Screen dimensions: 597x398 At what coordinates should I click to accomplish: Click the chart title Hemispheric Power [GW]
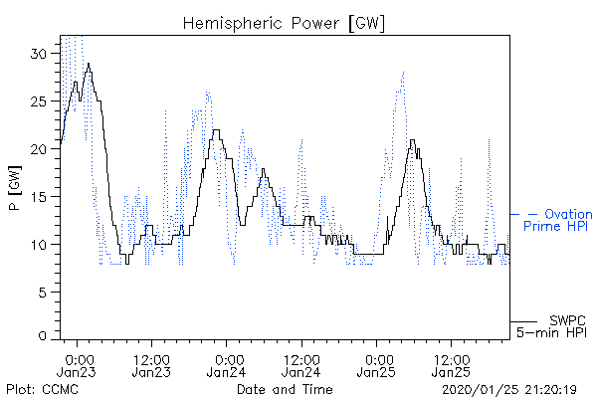coord(284,24)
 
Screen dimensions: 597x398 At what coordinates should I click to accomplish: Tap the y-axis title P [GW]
coord(15,188)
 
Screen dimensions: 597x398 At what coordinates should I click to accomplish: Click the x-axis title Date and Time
coord(285,389)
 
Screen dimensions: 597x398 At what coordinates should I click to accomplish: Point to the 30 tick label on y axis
coord(38,54)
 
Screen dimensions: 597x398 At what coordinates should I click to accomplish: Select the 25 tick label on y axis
coord(38,101)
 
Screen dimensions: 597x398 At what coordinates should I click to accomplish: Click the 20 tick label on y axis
coord(38,149)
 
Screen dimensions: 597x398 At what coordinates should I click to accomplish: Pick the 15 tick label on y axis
coord(39,197)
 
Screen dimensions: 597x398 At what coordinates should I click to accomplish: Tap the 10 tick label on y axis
coord(39,245)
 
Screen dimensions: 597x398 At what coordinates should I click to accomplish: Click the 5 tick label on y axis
coord(42,293)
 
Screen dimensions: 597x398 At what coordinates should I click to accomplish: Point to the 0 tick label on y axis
coord(42,336)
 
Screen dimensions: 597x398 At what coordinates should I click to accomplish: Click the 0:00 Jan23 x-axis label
coord(77,365)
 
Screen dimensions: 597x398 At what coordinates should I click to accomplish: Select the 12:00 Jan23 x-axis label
coord(151,365)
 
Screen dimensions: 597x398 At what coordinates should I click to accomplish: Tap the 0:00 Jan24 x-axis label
coord(226,365)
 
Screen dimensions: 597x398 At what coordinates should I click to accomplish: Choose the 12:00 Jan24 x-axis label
coord(301,365)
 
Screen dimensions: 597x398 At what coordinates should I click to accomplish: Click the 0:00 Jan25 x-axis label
coord(376,365)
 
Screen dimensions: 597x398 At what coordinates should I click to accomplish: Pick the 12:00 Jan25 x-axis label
coord(451,365)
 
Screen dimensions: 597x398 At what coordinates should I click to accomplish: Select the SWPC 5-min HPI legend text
coord(551,326)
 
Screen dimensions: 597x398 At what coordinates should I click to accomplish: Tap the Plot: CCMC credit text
coord(42,389)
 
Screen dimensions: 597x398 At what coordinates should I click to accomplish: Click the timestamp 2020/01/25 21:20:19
coord(509,390)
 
